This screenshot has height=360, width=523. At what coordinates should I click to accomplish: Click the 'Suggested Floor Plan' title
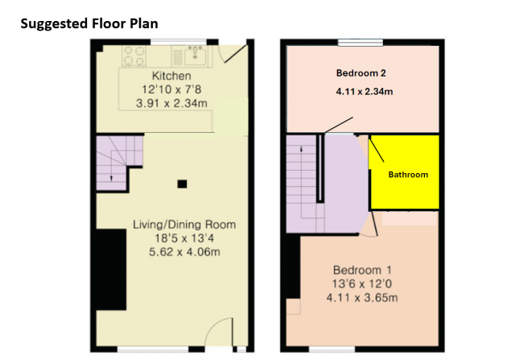coord(89,23)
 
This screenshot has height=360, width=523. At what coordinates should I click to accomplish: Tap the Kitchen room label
coord(171,76)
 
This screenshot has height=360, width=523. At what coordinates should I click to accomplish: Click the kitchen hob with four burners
coord(134,56)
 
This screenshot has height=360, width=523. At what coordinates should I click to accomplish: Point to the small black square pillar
coord(182,184)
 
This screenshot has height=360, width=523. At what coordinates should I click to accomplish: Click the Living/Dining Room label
coord(184,225)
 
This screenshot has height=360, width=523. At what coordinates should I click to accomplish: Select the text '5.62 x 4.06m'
coord(184,252)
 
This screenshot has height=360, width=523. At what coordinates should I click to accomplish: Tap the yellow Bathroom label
coord(408,174)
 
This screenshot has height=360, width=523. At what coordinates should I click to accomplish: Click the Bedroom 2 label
coord(361,72)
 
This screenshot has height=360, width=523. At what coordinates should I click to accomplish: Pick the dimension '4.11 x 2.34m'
coord(364,91)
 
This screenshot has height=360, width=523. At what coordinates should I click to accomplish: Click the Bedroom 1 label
coord(362,270)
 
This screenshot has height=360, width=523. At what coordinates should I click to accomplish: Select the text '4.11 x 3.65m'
coord(362,297)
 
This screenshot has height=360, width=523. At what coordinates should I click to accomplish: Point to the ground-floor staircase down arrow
coord(111,177)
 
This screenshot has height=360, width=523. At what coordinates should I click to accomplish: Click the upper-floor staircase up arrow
coord(302,149)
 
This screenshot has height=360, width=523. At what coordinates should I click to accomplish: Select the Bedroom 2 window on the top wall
coord(360,43)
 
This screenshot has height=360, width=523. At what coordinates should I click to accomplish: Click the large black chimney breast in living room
coord(111,270)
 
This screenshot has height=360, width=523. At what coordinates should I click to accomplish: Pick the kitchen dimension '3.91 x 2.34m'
coord(171,103)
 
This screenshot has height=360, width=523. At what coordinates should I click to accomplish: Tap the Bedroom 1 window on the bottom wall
coord(332,350)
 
